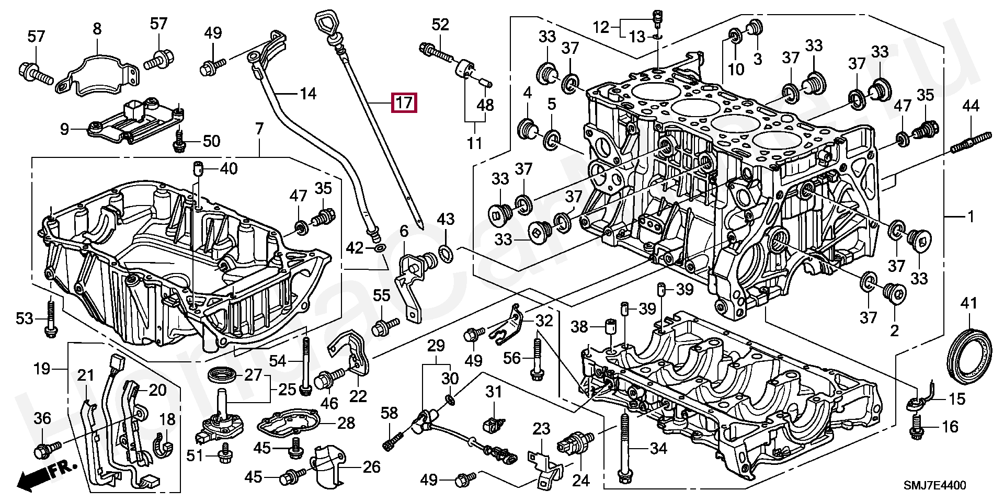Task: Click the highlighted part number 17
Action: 404,102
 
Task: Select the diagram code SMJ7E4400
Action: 937,486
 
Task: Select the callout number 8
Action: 97,29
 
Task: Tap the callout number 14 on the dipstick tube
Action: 308,94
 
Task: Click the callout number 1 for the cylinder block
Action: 971,216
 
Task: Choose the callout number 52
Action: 440,25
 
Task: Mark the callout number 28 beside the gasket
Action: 346,423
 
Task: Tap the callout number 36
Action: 42,418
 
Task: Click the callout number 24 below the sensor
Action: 580,480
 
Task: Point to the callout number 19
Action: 42,369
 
